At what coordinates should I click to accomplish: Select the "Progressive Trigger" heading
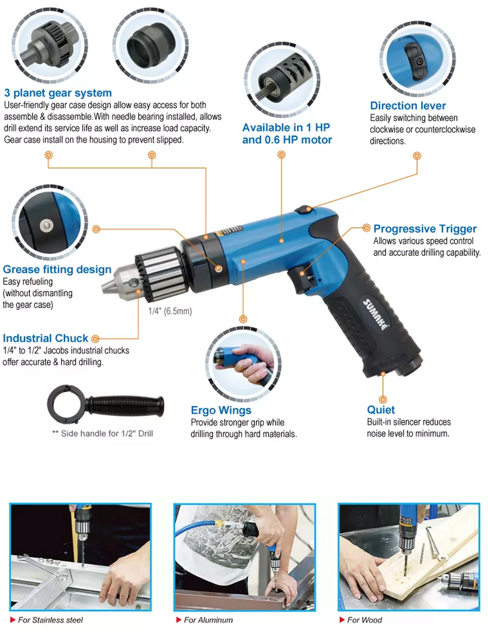coord(425,229)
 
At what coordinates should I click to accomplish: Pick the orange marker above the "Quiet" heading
coord(383,399)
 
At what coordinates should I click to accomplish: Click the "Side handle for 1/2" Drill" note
coord(103,433)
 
